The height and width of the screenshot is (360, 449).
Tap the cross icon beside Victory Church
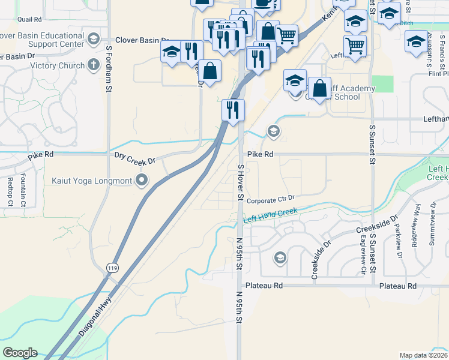[x=93, y=65]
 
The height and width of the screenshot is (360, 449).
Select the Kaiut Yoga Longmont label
[x=91, y=180]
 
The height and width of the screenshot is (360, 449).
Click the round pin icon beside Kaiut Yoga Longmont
[x=142, y=180]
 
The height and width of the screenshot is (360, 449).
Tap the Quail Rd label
[x=29, y=19]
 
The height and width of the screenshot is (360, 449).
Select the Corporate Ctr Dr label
[x=271, y=199]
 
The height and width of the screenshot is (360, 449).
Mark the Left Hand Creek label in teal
[x=271, y=214]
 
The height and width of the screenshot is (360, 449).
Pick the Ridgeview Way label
[x=418, y=222]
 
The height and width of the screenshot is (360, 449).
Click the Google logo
[x=20, y=353]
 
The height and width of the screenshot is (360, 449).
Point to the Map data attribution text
[x=423, y=355]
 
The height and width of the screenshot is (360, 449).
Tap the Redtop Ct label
[x=10, y=193]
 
